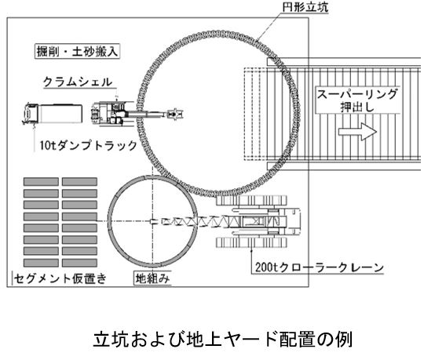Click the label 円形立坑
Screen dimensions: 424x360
tap(305, 7)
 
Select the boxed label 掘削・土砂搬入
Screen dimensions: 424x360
tap(77, 51)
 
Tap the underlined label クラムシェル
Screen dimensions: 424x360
tap(78, 82)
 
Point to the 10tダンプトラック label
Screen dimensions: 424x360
tap(89, 145)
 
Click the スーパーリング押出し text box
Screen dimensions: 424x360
tap(357, 100)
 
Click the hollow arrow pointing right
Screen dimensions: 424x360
tap(357, 132)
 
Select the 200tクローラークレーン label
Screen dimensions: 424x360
tap(320, 267)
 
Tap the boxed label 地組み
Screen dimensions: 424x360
tap(152, 278)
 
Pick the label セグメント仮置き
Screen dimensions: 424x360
tap(60, 278)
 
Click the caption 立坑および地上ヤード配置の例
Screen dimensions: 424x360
tap(223, 339)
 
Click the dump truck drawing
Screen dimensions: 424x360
tap(52, 114)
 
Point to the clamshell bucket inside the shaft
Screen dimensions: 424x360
tap(176, 114)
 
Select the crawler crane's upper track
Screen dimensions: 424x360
tap(251, 200)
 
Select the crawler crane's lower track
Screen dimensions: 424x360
tap(251, 242)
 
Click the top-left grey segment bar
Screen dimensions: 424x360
tap(41, 181)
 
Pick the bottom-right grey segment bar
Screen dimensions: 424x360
tap(79, 263)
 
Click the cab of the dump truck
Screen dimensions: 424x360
tap(31, 114)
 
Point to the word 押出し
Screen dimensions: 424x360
tap(357, 107)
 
